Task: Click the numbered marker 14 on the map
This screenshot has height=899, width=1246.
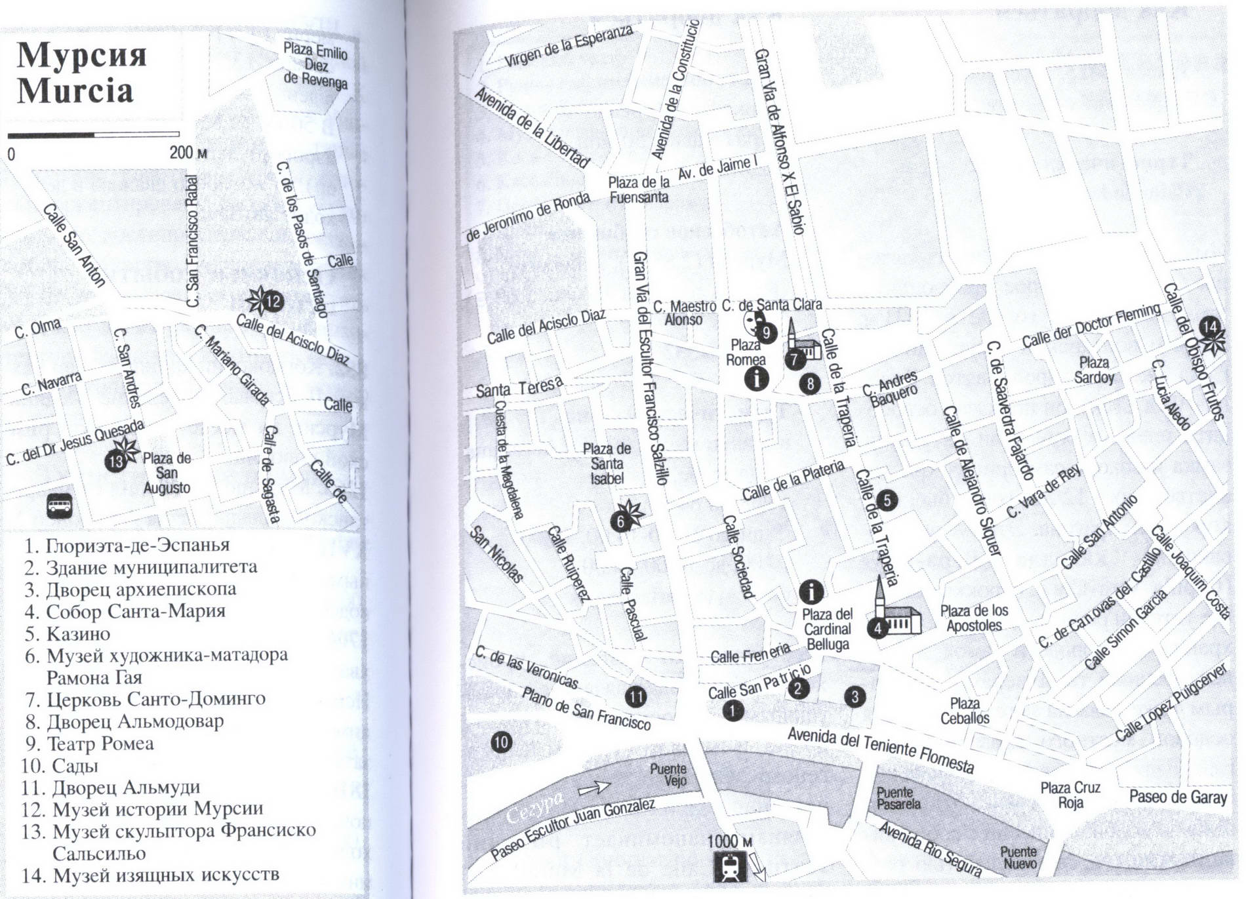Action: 1209,327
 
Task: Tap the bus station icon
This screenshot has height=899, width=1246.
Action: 60,506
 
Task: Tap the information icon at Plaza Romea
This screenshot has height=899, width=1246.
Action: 757,378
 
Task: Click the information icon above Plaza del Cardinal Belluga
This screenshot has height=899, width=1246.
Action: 812,592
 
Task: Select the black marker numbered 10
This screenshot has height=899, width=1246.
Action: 501,742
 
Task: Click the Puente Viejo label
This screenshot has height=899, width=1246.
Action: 670,774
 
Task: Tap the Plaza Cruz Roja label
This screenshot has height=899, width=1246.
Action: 1070,795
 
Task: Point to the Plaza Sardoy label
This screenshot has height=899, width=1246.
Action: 1094,370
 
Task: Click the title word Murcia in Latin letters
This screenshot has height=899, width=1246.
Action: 75,90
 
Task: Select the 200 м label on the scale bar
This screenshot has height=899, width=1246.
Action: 188,153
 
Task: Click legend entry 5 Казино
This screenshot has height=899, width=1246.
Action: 68,634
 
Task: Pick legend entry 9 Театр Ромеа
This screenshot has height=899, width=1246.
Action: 90,744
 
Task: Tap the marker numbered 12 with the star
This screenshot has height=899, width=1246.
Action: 272,302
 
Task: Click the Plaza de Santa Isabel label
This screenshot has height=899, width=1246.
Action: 607,464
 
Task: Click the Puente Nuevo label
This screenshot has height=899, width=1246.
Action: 1018,857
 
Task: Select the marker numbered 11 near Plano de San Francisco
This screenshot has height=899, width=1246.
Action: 635,697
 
